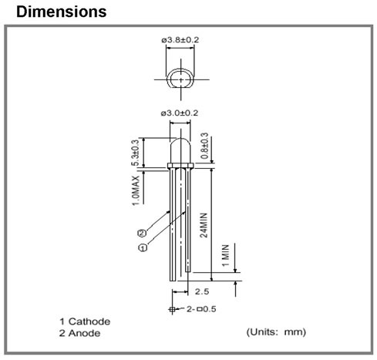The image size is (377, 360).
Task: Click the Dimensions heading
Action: click(61, 12)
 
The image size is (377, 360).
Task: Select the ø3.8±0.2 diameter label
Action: click(180, 40)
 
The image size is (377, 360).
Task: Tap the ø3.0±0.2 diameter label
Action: click(180, 113)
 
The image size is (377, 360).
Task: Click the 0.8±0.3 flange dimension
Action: click(204, 146)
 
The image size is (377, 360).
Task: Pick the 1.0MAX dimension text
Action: click(136, 190)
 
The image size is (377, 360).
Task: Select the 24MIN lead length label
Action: click(204, 225)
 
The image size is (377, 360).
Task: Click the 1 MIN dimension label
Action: click(225, 255)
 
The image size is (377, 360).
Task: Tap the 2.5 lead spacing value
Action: click(202, 291)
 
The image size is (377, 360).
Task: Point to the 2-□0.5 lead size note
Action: click(201, 309)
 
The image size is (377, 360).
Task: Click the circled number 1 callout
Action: click(143, 247)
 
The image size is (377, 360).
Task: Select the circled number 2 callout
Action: click(142, 233)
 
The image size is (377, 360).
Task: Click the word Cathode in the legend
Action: click(89, 321)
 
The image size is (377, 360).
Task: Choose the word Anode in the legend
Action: click(84, 333)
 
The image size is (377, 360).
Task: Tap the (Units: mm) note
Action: click(276, 332)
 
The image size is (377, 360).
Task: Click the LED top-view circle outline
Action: click(167, 79)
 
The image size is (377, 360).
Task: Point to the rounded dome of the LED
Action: click(180, 139)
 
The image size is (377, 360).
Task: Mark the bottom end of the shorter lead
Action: click(188, 271)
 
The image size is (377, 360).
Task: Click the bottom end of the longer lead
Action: click(173, 281)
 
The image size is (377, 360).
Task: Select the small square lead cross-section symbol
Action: click(173, 309)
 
